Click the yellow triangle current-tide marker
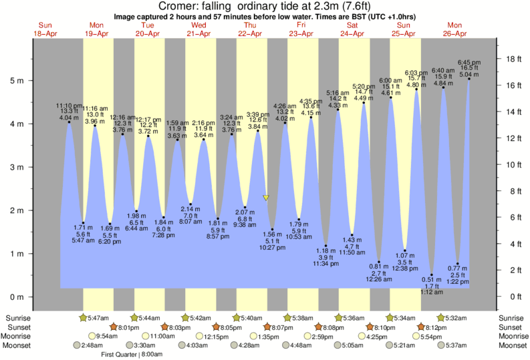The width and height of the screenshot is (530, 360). (266, 198)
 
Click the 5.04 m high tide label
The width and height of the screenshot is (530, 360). (469, 75)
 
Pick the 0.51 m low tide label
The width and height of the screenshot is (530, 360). (431, 279)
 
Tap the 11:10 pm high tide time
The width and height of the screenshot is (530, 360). (69, 106)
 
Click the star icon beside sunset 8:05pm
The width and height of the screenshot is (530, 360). (216, 327)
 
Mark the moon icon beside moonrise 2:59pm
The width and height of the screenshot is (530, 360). (305, 337)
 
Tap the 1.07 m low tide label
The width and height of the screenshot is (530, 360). (406, 256)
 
